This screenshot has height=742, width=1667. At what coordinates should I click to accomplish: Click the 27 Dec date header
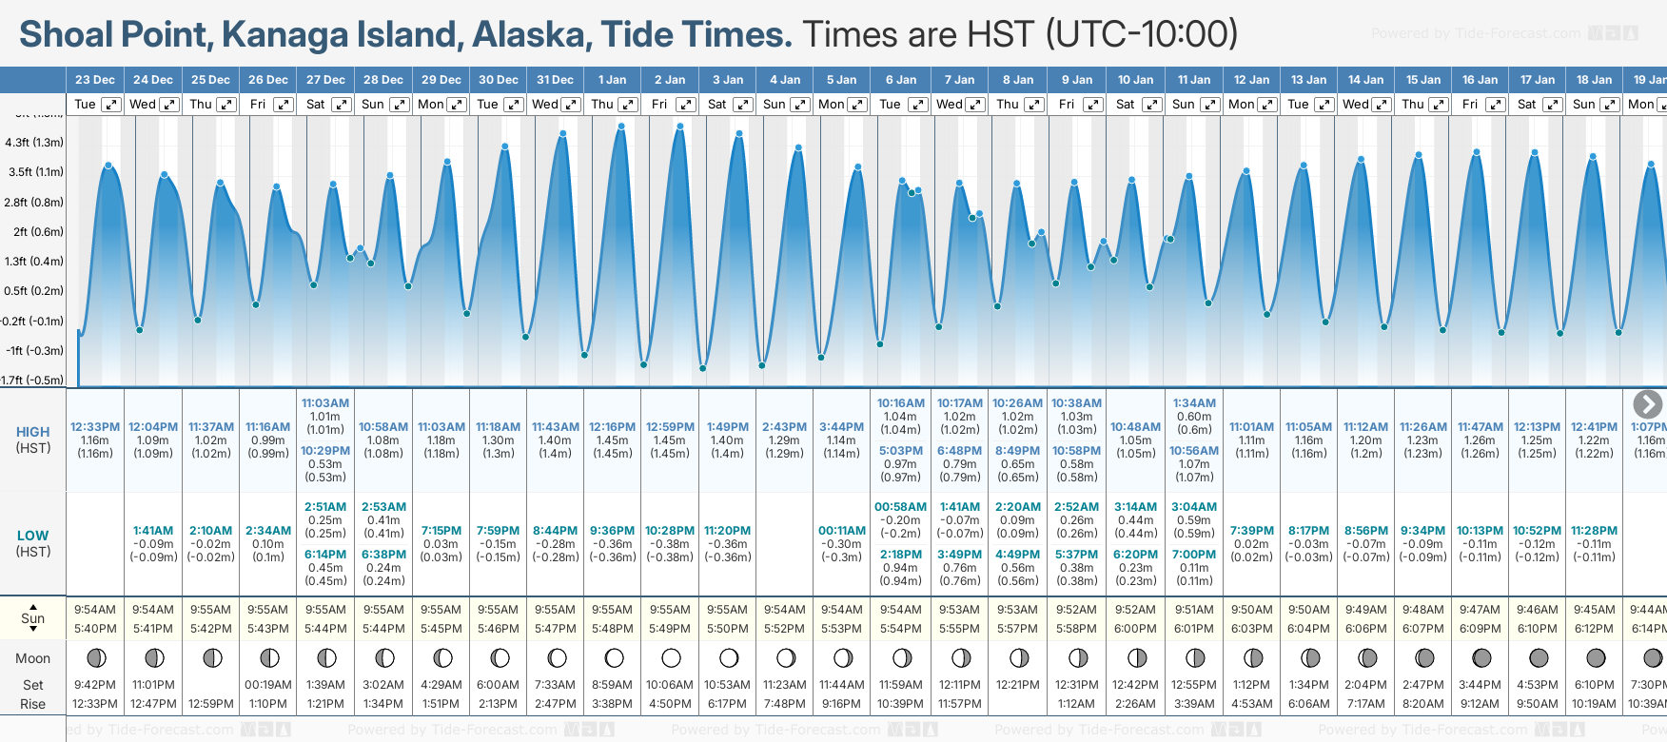tap(325, 80)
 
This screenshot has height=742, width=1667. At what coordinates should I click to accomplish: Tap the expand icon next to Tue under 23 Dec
tap(111, 105)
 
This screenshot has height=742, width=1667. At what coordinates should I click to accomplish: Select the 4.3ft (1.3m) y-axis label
tap(34, 143)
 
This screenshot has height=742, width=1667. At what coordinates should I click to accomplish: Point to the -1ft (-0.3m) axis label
tap(34, 350)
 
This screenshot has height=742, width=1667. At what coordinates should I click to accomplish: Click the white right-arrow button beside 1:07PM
tap(1647, 404)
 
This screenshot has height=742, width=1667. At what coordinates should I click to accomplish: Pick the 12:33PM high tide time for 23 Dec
tap(95, 427)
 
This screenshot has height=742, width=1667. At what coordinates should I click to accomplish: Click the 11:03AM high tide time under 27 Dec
tap(325, 403)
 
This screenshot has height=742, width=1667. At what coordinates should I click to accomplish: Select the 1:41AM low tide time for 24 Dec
tap(153, 531)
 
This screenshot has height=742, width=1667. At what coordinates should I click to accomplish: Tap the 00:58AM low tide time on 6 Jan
tap(900, 507)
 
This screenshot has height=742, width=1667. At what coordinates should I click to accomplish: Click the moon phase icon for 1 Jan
tap(614, 658)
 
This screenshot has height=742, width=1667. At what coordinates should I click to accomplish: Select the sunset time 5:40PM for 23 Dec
tap(95, 629)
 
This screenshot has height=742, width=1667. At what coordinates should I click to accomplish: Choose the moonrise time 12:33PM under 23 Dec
tap(95, 704)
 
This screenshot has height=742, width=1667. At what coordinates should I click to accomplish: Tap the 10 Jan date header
tap(1135, 80)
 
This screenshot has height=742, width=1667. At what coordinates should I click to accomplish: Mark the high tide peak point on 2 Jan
tap(679, 127)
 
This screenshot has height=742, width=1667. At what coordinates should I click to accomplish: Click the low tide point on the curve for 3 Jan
tap(703, 368)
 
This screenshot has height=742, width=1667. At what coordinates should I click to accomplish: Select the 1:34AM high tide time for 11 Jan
tap(1194, 403)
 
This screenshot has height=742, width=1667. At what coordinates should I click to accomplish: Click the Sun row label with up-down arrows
tap(33, 618)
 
